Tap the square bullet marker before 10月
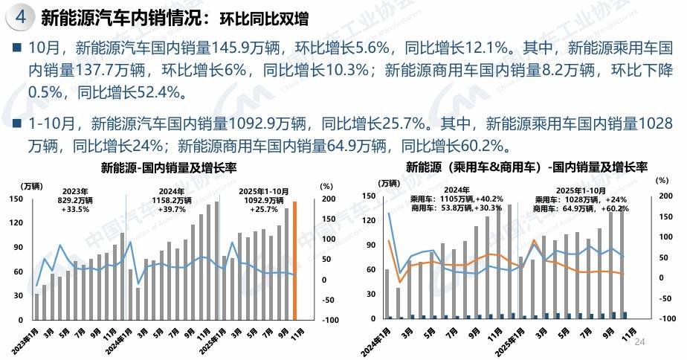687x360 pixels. pos(16,50)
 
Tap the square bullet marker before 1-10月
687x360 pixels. pos(16,120)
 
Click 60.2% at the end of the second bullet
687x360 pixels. pos(483,143)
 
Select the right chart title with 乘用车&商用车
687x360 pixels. pos(526,168)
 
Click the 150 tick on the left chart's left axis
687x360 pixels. pos(15,199)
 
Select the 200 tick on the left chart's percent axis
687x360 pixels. pos(326,199)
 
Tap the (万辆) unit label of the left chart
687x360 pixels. pos(31,185)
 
